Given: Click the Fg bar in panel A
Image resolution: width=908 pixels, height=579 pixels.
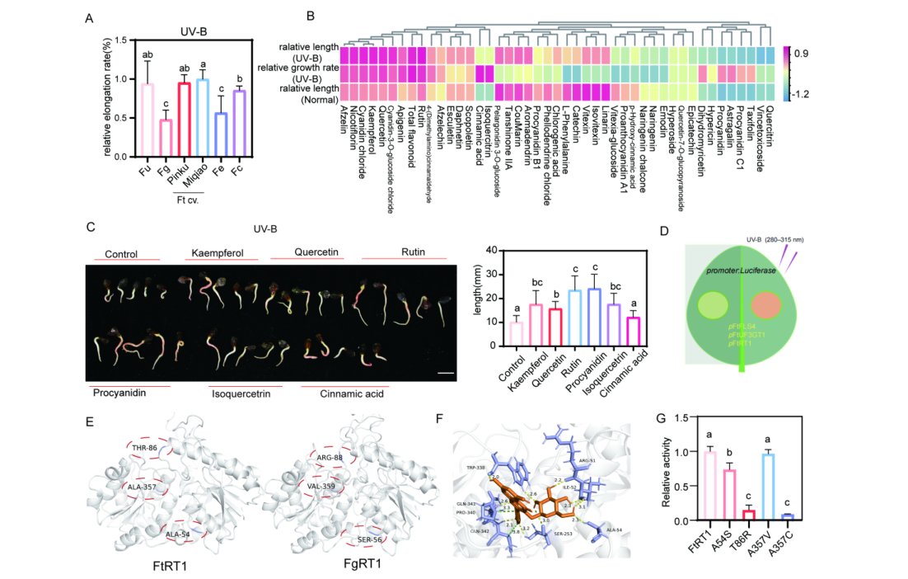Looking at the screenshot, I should pos(165,138).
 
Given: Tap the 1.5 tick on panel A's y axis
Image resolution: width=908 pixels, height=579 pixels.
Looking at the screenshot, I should pos(123,40).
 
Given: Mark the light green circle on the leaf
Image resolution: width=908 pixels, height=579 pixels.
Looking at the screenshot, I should pos(712,304).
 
